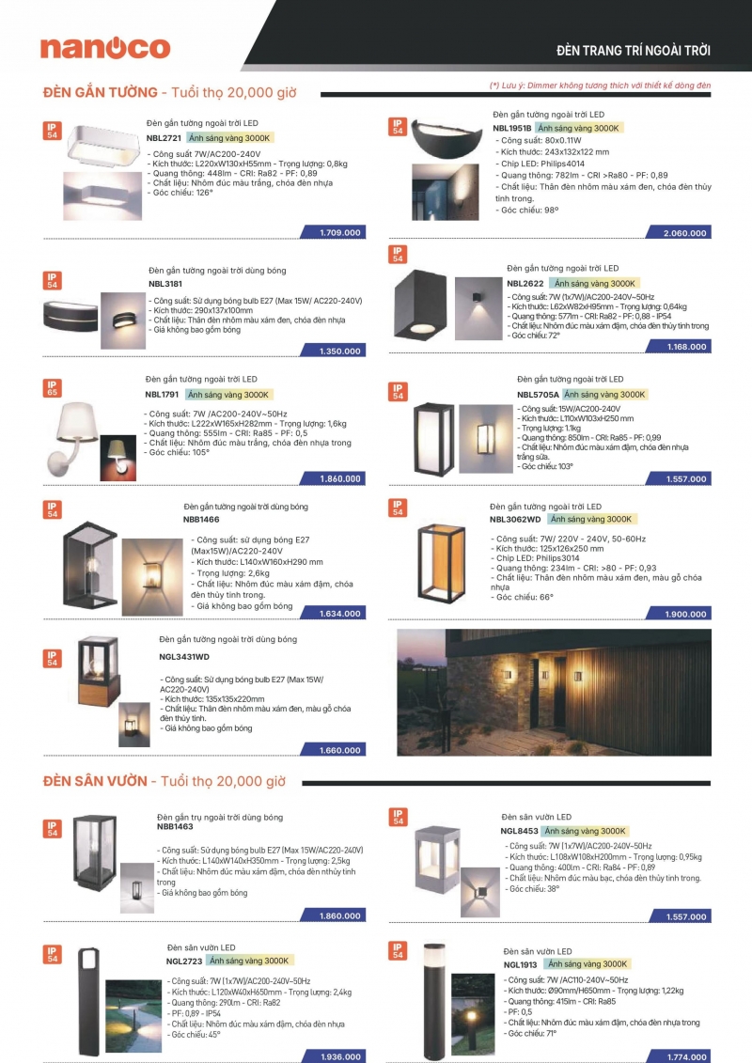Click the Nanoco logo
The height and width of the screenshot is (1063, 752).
pos(104,49)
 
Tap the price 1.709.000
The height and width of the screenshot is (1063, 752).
pos(339,231)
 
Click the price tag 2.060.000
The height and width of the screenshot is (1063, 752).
pos(683,232)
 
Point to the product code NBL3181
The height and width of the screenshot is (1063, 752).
pos(165,283)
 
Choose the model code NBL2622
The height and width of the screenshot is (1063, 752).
pos(525,283)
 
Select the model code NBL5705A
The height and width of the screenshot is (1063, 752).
pos(538,395)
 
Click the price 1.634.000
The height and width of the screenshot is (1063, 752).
pos(339,614)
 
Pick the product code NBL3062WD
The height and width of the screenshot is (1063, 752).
pos(515,519)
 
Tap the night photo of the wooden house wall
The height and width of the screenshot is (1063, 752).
pos(554,693)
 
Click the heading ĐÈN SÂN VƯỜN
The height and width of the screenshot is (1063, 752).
pos(95,781)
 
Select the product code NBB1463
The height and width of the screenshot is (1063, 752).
pos(175,828)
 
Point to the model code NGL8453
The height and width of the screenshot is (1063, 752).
pos(519,832)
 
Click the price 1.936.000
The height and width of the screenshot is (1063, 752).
pos(339,1056)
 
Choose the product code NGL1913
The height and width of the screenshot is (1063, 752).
pos(521,964)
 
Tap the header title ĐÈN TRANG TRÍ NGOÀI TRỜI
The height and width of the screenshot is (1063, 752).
pos(634,50)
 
